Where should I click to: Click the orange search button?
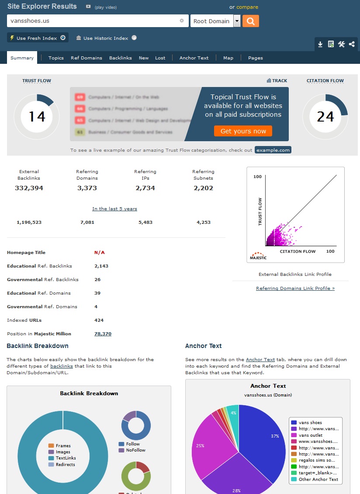click(251, 21)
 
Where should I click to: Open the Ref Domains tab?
click(87, 58)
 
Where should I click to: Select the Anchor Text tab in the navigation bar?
click(194, 58)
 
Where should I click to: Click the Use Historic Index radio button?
click(134, 38)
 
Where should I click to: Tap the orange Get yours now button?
click(243, 131)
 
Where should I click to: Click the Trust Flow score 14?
click(37, 117)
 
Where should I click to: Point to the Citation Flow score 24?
click(325, 117)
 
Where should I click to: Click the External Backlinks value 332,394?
click(29, 188)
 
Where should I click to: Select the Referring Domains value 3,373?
click(87, 188)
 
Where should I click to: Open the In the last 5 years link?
click(114, 209)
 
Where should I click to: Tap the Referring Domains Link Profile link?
click(295, 288)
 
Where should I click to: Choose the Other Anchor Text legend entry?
click(318, 479)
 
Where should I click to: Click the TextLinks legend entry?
click(66, 458)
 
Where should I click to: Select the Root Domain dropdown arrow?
click(237, 21)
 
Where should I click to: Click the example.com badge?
click(273, 150)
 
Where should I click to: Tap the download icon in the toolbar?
click(320, 44)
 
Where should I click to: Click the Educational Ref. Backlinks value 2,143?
click(101, 266)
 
